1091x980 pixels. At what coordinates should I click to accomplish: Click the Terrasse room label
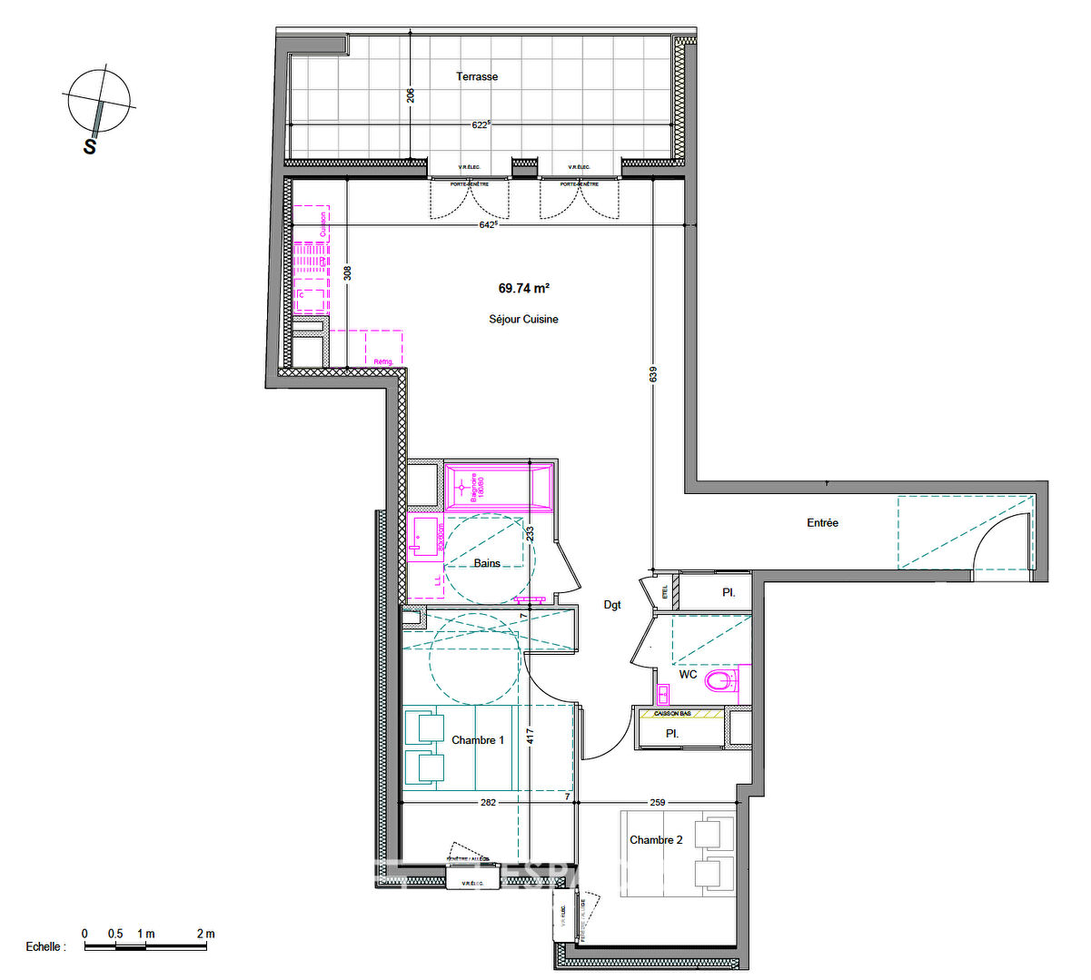tap(477, 77)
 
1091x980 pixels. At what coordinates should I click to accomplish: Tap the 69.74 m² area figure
tap(523, 289)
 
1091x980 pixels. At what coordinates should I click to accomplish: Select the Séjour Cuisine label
tap(523, 320)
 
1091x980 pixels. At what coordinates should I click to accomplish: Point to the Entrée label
tap(822, 523)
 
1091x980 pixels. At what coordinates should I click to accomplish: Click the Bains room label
tap(487, 563)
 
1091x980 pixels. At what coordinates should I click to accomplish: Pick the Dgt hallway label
tap(612, 605)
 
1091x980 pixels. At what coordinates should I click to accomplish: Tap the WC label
tap(688, 675)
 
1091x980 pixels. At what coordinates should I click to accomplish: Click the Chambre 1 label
tap(478, 740)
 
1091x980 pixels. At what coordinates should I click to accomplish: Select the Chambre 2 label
tap(656, 840)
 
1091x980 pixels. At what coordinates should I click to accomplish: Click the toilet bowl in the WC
tap(719, 681)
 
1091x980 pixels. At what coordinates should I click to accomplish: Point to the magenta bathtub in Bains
tap(498, 488)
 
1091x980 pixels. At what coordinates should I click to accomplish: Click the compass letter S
tap(90, 146)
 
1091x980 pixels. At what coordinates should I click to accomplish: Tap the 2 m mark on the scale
tap(205, 934)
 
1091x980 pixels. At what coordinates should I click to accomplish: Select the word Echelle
tap(45, 946)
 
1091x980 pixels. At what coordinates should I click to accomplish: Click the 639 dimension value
tap(653, 374)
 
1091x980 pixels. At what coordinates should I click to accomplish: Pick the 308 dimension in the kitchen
tap(347, 272)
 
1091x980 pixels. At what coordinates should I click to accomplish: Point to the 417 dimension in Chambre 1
tap(530, 736)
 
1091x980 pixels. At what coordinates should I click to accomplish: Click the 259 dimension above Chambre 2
tap(658, 802)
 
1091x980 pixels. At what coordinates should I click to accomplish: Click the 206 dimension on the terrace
tap(411, 94)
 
